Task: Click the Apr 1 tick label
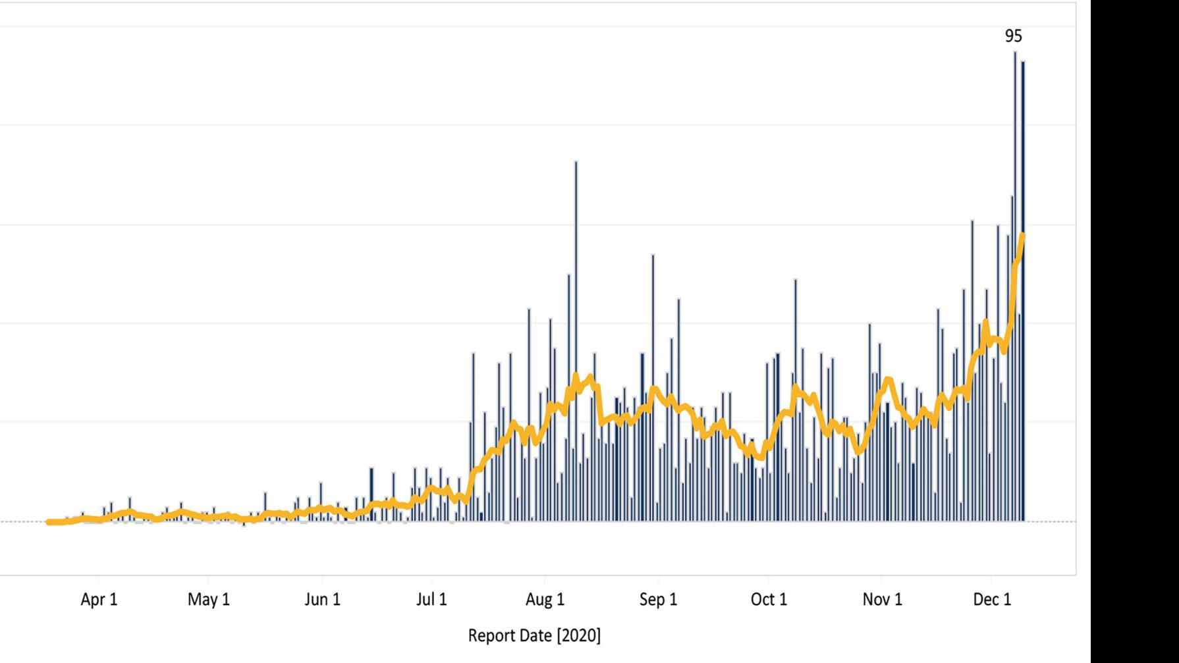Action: (99, 599)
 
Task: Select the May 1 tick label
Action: (208, 599)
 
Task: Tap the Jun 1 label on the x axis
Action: (322, 599)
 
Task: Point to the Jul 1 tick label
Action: (431, 599)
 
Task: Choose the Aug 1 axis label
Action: (545, 599)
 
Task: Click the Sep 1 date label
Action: (658, 599)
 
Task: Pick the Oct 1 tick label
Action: (769, 599)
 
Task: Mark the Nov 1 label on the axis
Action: (882, 599)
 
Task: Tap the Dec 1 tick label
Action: (992, 599)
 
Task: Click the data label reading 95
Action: (1014, 36)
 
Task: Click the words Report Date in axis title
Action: (511, 635)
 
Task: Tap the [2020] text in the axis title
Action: (579, 635)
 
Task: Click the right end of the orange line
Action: (1022, 235)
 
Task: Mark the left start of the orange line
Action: (49, 521)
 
